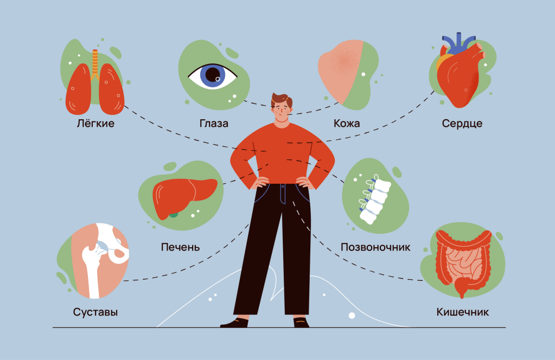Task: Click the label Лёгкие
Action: (x=95, y=124)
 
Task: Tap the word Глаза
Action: (x=214, y=124)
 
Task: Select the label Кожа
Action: (x=347, y=124)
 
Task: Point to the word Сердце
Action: (x=462, y=124)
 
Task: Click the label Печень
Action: (x=180, y=247)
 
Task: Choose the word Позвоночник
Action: (x=375, y=247)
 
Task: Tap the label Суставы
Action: (x=95, y=312)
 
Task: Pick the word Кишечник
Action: (x=462, y=312)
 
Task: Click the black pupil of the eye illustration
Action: (x=213, y=75)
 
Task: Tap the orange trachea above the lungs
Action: (x=95, y=63)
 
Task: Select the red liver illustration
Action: (x=184, y=196)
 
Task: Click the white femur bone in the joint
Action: (x=92, y=269)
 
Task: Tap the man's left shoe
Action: (x=301, y=323)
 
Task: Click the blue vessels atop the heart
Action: (x=457, y=42)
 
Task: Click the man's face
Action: (x=282, y=112)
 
